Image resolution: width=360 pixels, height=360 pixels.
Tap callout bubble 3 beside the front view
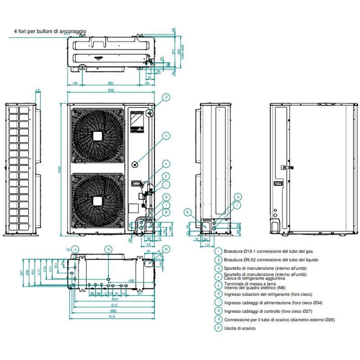(x=166, y=97)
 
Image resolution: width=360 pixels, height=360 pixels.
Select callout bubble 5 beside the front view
(x=166, y=135)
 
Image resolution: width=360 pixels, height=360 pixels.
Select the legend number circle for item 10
(x=218, y=328)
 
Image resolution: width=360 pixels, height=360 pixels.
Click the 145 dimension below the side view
(x=207, y=245)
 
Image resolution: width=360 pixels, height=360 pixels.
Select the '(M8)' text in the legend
(x=279, y=288)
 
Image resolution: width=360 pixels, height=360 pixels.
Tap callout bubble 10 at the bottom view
(x=75, y=249)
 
